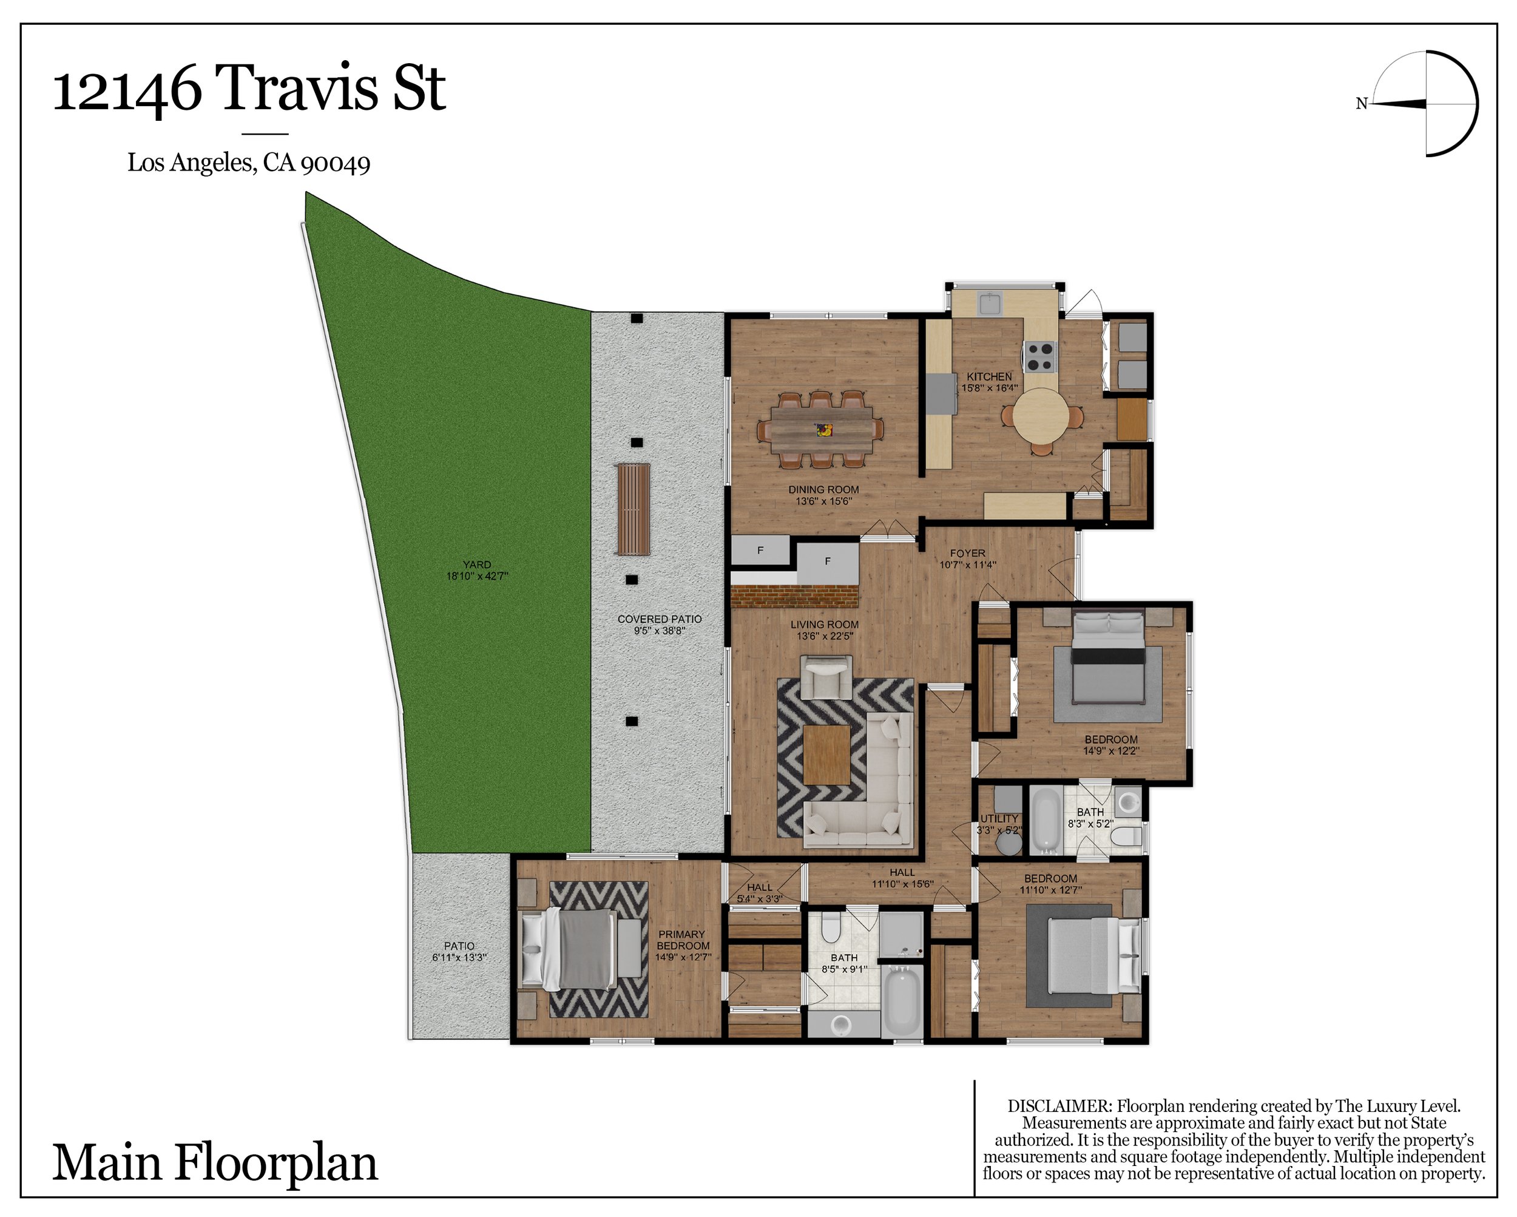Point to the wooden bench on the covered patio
pyautogui.click(x=634, y=510)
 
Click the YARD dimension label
pyautogui.click(x=477, y=570)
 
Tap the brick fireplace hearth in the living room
pyautogui.click(x=794, y=596)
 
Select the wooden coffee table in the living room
pyautogui.click(x=826, y=754)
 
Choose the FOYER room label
pyautogui.click(x=967, y=553)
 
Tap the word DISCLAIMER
pyautogui.click(x=1059, y=1106)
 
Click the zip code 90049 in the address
pyautogui.click(x=335, y=163)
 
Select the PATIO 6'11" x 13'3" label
pyautogui.click(x=459, y=952)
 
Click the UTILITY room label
pyautogui.click(x=999, y=819)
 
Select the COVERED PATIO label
pyautogui.click(x=660, y=619)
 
